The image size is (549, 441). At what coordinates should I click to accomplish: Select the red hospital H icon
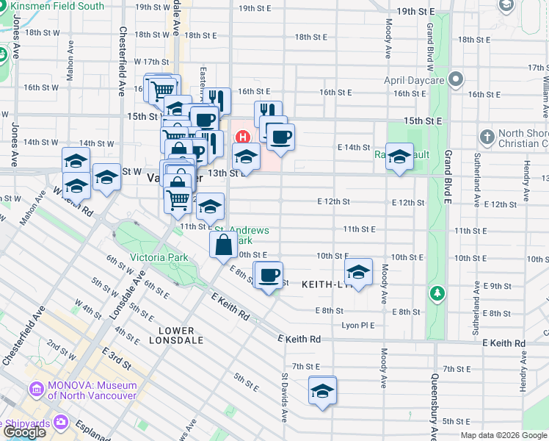coord(241,137)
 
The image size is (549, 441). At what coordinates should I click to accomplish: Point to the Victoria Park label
coord(159,257)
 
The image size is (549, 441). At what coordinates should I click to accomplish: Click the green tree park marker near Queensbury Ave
coord(438,294)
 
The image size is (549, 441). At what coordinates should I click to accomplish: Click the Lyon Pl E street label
coord(357,325)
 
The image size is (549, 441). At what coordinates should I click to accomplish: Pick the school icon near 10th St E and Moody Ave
coord(358,273)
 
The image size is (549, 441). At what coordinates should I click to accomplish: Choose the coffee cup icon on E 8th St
coord(269,276)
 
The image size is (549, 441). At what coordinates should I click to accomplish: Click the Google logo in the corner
coord(24,432)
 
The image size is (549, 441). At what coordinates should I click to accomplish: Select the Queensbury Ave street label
coord(435,405)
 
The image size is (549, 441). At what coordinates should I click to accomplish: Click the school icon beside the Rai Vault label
coord(399,157)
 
